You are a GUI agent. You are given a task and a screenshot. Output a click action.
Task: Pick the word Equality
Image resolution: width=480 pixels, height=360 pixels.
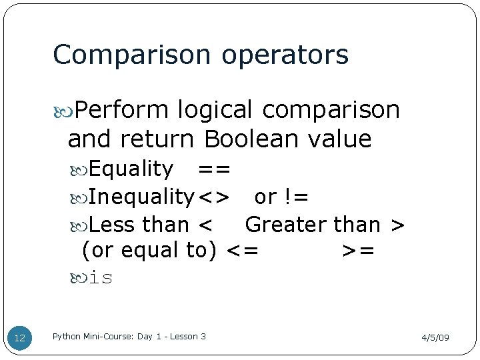point(131,170)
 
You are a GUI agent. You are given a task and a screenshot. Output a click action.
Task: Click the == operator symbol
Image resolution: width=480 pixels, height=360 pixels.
point(214,170)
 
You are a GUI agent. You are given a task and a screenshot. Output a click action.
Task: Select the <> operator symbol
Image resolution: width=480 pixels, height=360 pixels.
point(215,198)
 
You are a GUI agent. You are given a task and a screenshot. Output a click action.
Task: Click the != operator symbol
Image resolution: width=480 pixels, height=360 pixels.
point(295,197)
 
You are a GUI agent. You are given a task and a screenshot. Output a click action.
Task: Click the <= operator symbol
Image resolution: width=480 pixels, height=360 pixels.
point(243,251)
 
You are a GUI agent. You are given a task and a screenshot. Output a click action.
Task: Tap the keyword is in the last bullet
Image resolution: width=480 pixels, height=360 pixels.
point(101,277)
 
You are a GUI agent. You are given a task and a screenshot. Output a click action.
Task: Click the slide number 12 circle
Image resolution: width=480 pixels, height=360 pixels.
point(20,338)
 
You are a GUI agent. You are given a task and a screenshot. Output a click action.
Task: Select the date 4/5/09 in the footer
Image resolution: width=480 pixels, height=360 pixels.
point(435,338)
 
